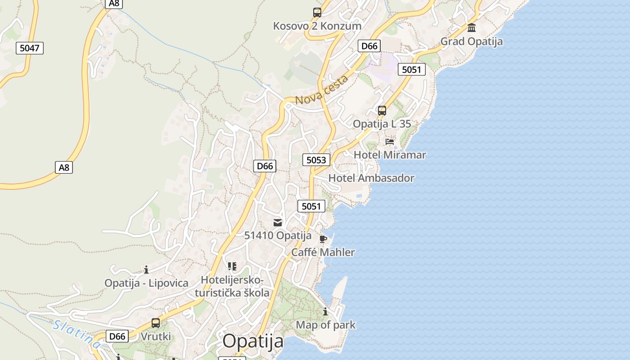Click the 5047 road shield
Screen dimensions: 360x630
30,48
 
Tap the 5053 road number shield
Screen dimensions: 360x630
316,160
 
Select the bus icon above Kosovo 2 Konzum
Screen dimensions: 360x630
317,13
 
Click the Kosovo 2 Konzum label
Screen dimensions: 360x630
317,26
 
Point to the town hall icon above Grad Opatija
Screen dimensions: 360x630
472,28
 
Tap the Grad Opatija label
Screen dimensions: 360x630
472,41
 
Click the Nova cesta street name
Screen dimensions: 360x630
322,90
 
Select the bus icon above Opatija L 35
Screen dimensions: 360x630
382,110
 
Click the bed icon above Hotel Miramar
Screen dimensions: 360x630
390,141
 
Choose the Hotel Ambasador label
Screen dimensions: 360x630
371,178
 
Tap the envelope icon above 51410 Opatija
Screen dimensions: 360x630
278,222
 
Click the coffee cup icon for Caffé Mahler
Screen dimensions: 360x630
323,239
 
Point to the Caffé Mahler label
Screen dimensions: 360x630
323,252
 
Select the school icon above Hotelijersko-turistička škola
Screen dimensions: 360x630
232,266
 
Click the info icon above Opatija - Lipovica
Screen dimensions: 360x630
146,270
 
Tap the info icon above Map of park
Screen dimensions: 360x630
325,311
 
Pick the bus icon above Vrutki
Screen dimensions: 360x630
156,323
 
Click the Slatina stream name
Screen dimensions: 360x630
76,334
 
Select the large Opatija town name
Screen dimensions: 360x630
253,341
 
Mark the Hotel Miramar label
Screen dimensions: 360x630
390,155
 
